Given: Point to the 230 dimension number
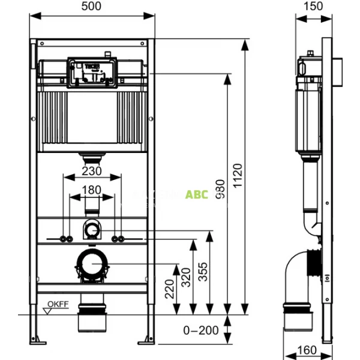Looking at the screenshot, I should coord(92,171).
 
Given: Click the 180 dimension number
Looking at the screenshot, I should coord(92,190).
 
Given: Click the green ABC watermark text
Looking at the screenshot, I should coord(197,194).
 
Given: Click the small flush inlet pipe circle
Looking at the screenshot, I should coord(92,228).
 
